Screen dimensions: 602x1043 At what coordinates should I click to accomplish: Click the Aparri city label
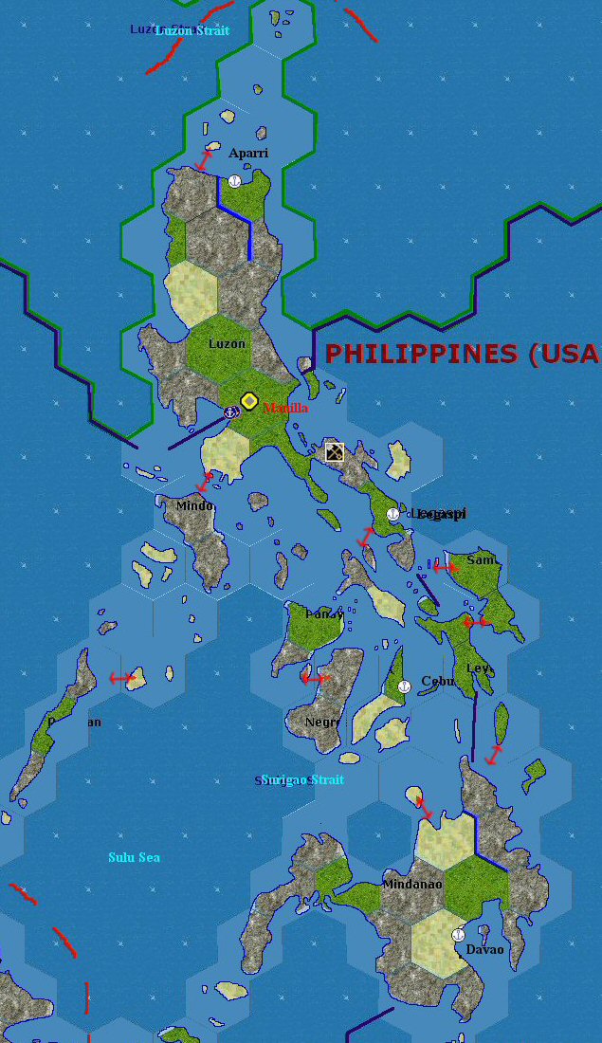(x=248, y=153)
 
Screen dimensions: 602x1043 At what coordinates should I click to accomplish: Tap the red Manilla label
(x=285, y=408)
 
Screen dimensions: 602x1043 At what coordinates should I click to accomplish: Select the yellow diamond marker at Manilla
(x=249, y=401)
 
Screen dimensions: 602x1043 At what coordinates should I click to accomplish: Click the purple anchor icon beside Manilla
(x=229, y=412)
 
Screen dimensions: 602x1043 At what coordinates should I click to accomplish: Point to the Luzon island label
(x=227, y=344)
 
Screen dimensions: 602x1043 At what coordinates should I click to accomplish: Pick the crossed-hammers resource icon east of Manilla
(x=335, y=451)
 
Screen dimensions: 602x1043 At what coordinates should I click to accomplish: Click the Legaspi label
(x=438, y=514)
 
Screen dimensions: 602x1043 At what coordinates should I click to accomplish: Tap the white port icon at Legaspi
(x=392, y=514)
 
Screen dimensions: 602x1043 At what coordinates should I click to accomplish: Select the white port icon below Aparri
(x=234, y=180)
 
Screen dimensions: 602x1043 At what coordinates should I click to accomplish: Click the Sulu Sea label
(x=134, y=857)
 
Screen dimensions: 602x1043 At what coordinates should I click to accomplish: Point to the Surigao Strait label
(x=302, y=779)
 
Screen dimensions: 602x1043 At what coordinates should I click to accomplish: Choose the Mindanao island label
(x=412, y=884)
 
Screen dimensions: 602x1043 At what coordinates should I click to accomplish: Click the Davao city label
(x=484, y=949)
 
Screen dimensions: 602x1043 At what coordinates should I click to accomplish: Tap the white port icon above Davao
(x=458, y=935)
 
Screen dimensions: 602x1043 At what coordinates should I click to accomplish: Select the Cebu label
(x=438, y=681)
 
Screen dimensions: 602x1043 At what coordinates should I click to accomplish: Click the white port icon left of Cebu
(x=402, y=686)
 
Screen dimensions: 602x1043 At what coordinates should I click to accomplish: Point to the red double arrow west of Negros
(x=314, y=678)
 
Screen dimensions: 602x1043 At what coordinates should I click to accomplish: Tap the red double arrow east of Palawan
(x=121, y=678)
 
